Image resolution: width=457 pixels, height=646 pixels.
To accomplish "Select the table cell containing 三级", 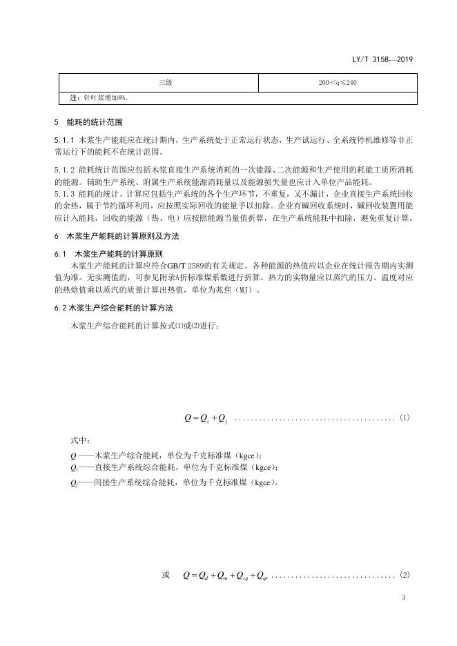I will [x=165, y=83].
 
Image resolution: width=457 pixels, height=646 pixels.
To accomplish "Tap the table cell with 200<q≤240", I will [x=338, y=83].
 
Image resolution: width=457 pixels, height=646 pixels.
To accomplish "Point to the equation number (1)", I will [x=405, y=418].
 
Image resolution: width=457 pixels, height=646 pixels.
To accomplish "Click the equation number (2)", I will [x=405, y=575].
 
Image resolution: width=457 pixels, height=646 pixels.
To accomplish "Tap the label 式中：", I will [x=81, y=440].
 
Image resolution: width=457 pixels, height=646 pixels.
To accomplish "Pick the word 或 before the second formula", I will [x=166, y=575].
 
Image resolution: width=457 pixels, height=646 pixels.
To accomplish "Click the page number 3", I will [x=403, y=598].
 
